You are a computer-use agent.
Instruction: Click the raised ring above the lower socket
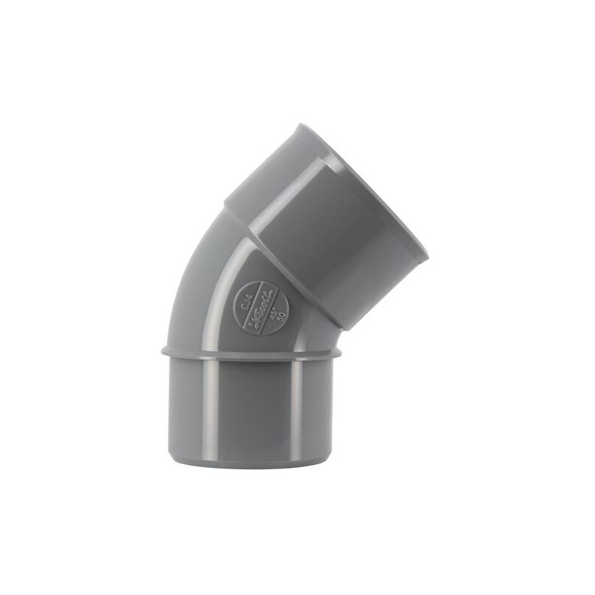253,350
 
